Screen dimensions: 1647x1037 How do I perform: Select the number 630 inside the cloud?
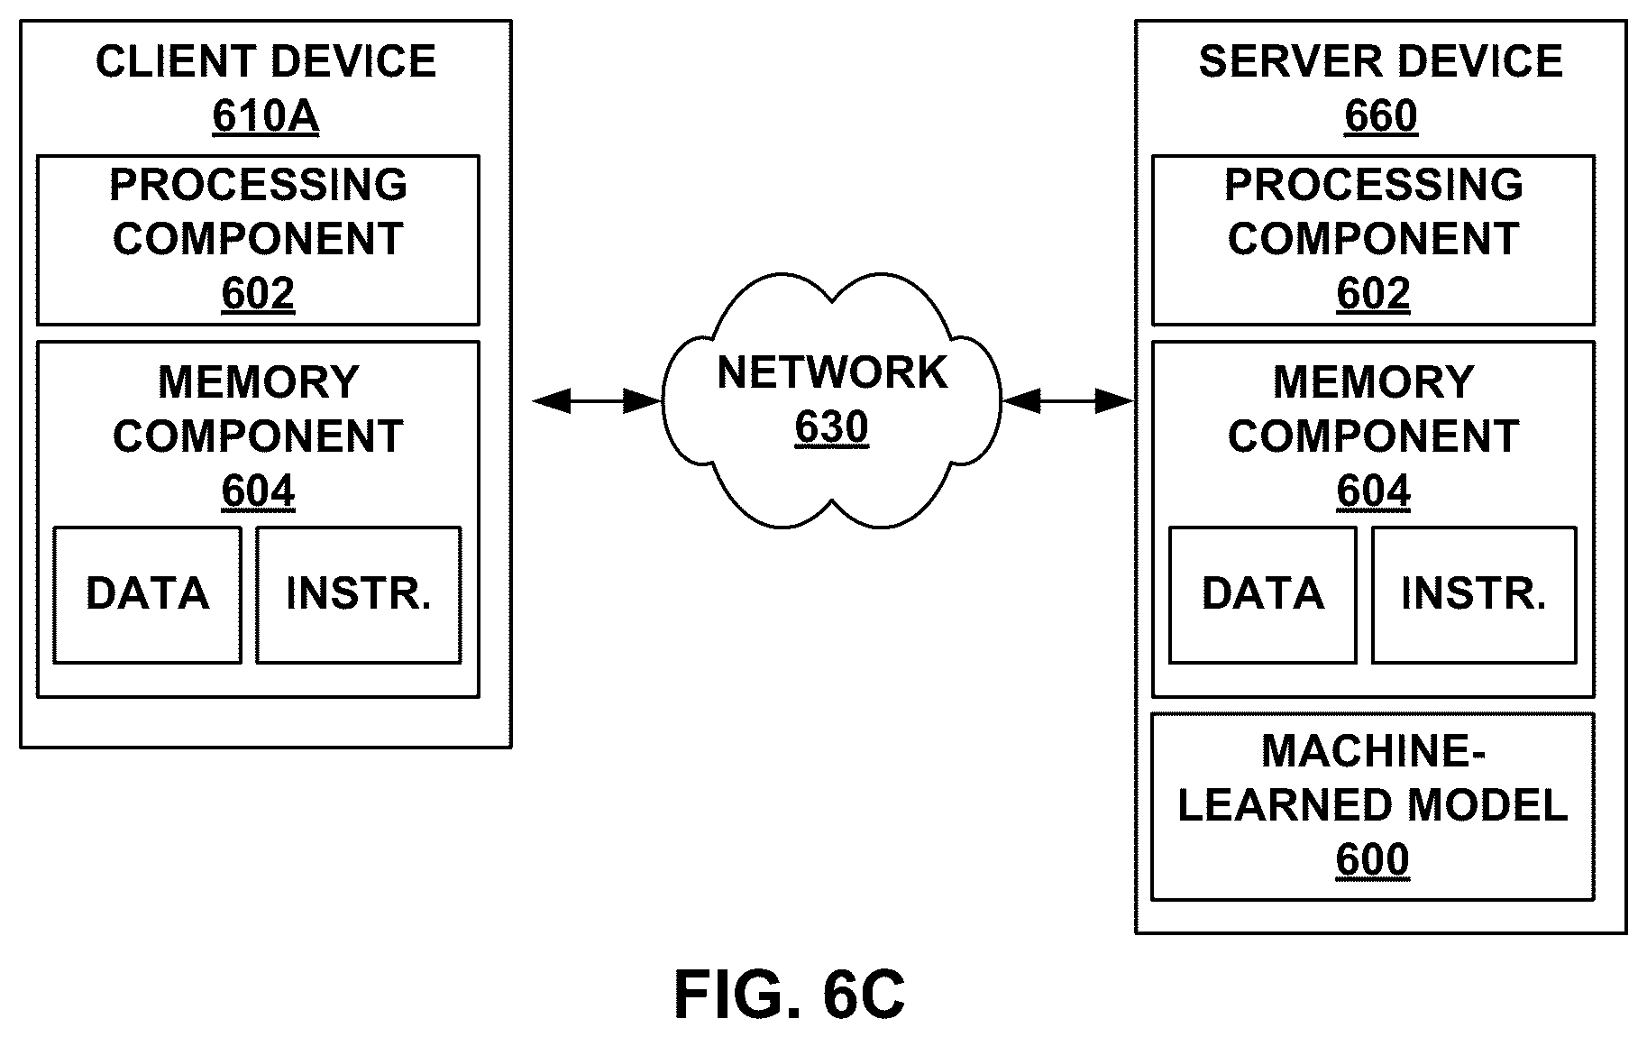pos(831,428)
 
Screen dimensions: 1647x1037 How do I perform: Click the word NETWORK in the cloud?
pos(832,372)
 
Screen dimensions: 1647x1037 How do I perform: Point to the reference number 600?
pos(1372,860)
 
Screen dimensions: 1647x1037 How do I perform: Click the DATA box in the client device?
pos(148,595)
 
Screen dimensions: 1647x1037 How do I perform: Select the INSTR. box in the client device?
pos(359,595)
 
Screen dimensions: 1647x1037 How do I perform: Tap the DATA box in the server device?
pos(1263,595)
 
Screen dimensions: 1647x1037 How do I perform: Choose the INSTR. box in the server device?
pos(1474,595)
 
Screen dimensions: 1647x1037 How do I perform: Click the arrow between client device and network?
pos(598,401)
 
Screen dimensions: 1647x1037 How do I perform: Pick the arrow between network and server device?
pos(1067,401)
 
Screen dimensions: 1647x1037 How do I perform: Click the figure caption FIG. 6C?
pos(790,996)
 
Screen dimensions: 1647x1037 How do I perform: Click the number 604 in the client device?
pos(258,492)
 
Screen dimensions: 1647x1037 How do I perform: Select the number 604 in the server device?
pos(1373,492)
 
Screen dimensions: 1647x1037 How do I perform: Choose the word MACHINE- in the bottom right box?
pos(1373,751)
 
